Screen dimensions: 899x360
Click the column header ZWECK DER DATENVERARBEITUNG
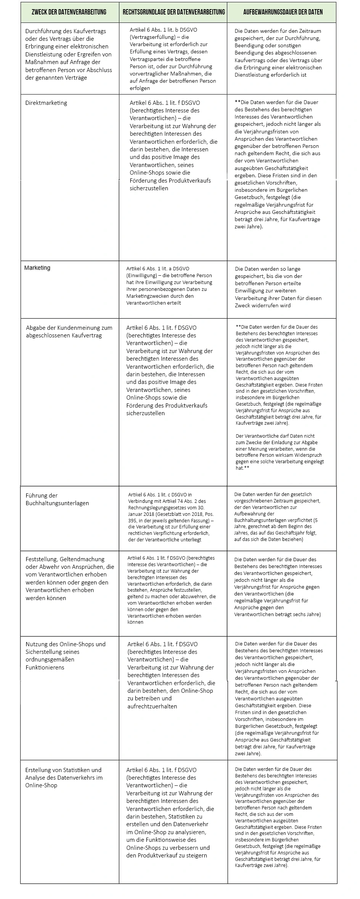pos(69,12)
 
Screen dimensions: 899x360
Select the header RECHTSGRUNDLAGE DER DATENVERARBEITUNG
pos(174,12)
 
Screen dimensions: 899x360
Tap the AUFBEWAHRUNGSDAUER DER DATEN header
pos(283,12)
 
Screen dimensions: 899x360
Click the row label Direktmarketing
pos(46,103)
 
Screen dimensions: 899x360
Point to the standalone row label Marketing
pos(37,268)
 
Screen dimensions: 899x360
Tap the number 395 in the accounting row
pos(133,521)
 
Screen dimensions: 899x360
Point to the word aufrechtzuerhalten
pos(152,706)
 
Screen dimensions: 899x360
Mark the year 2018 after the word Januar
pos(152,514)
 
